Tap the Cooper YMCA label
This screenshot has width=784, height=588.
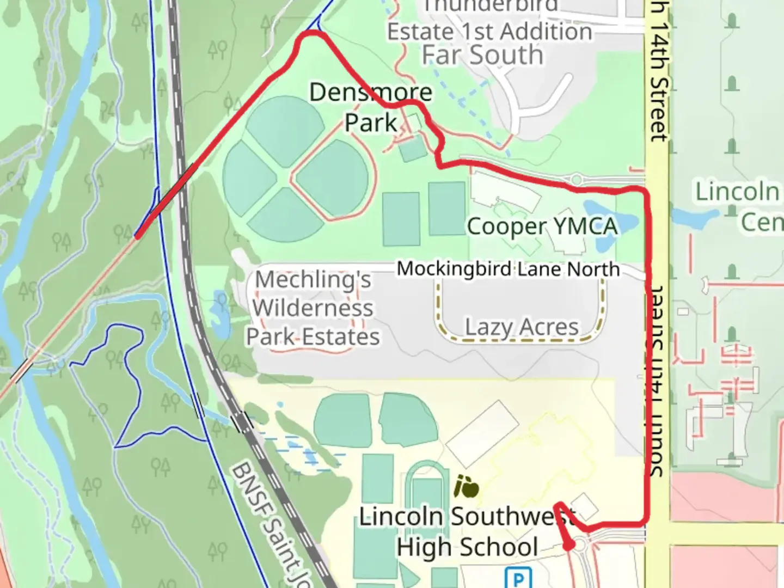click(542, 226)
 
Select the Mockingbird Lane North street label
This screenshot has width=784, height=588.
click(507, 269)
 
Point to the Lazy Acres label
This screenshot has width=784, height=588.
click(522, 327)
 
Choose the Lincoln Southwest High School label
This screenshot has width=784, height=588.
click(467, 532)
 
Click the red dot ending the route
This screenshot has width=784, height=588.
click(568, 546)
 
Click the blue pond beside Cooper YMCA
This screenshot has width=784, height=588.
click(604, 218)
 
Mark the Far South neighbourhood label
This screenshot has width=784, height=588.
click(482, 55)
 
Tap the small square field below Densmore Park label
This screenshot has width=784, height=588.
click(413, 149)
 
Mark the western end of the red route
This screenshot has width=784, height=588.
click(137, 236)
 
